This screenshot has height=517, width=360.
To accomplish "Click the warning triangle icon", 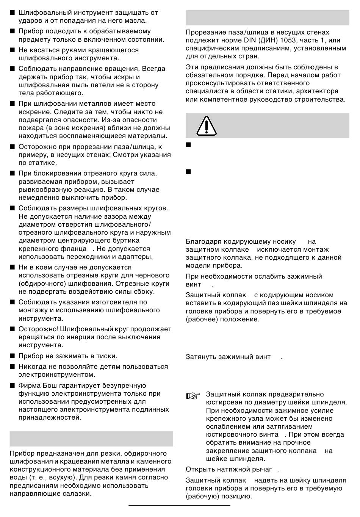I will coord(206,125).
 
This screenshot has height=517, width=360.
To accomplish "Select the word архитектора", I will coord(316,91).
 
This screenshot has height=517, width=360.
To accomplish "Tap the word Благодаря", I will coord(203,241).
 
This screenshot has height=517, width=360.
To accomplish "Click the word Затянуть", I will coord(201,357).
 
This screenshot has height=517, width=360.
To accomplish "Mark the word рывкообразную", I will coord(45,190).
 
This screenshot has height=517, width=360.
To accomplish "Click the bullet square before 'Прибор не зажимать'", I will coord(12,356).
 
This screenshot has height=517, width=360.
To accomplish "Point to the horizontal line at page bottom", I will coord(179,505).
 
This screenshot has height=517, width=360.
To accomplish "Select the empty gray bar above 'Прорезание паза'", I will coord(267,17).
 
